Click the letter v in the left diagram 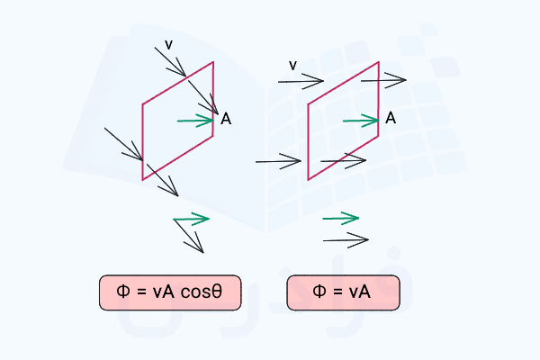pos(168,45)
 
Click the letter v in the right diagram pos(292,66)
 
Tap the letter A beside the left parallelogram pos(226,119)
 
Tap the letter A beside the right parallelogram pos(391,118)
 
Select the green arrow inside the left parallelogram pos(195,121)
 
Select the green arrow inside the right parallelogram pos(361,121)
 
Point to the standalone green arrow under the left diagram pos(191,219)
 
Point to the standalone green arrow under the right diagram pos(340,218)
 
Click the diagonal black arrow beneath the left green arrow pos(189,237)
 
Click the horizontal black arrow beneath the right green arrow pos(346,240)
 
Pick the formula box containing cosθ pos(170,292)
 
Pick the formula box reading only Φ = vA pos(344,292)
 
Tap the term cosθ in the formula pos(202,292)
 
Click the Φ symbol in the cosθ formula pos(123,291)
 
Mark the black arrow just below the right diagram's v pos(301,81)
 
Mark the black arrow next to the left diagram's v pos(170,62)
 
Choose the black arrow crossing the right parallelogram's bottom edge pos(343,160)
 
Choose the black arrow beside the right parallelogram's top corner pos(383,80)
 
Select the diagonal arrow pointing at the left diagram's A pos(203,97)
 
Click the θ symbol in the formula pos(217,292)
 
